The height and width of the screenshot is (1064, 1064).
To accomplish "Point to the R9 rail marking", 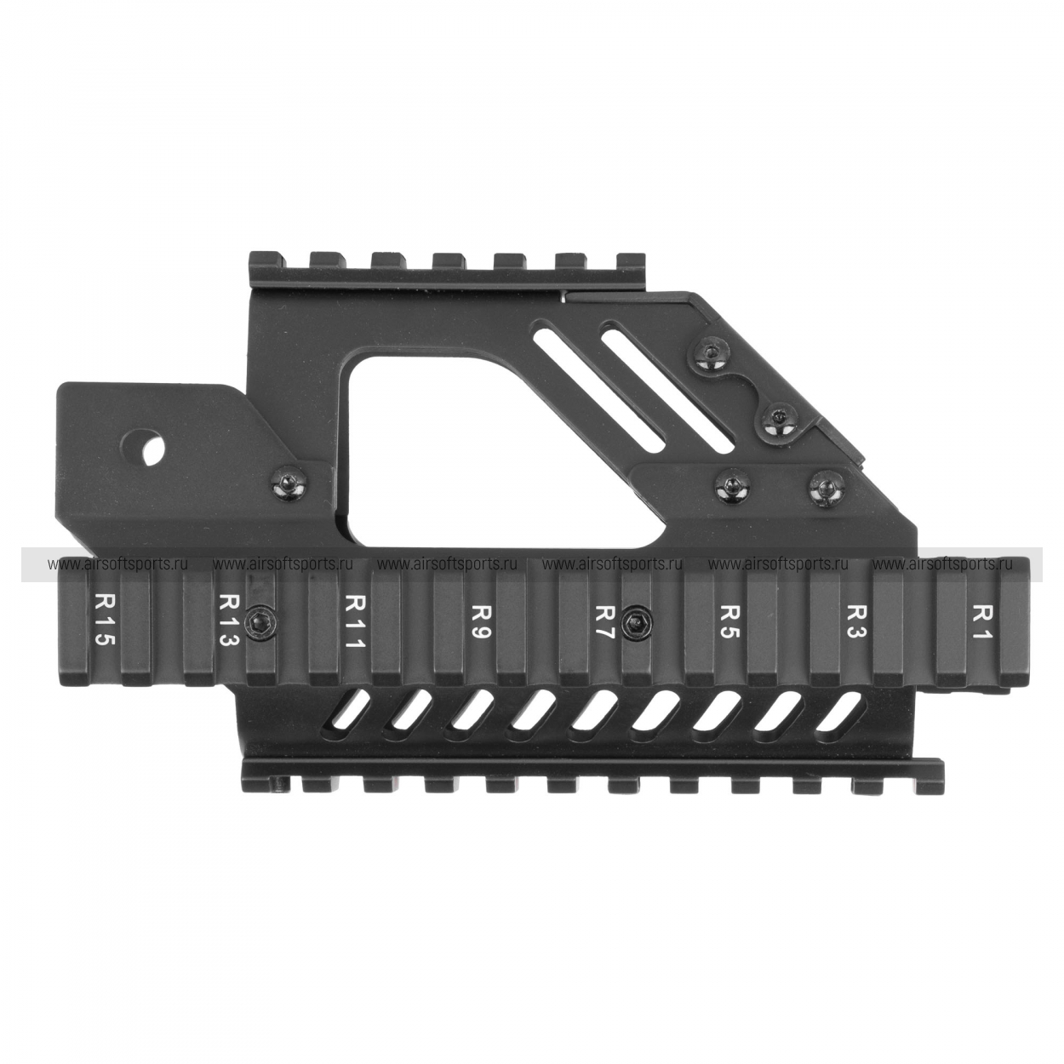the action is click(478, 621).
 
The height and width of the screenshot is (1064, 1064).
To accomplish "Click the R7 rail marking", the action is click(604, 621).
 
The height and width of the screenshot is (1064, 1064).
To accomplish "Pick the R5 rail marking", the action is click(729, 621).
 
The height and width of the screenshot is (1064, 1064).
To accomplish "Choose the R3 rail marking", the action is click(855, 621).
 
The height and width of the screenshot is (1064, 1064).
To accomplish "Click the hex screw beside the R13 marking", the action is click(260, 625).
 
